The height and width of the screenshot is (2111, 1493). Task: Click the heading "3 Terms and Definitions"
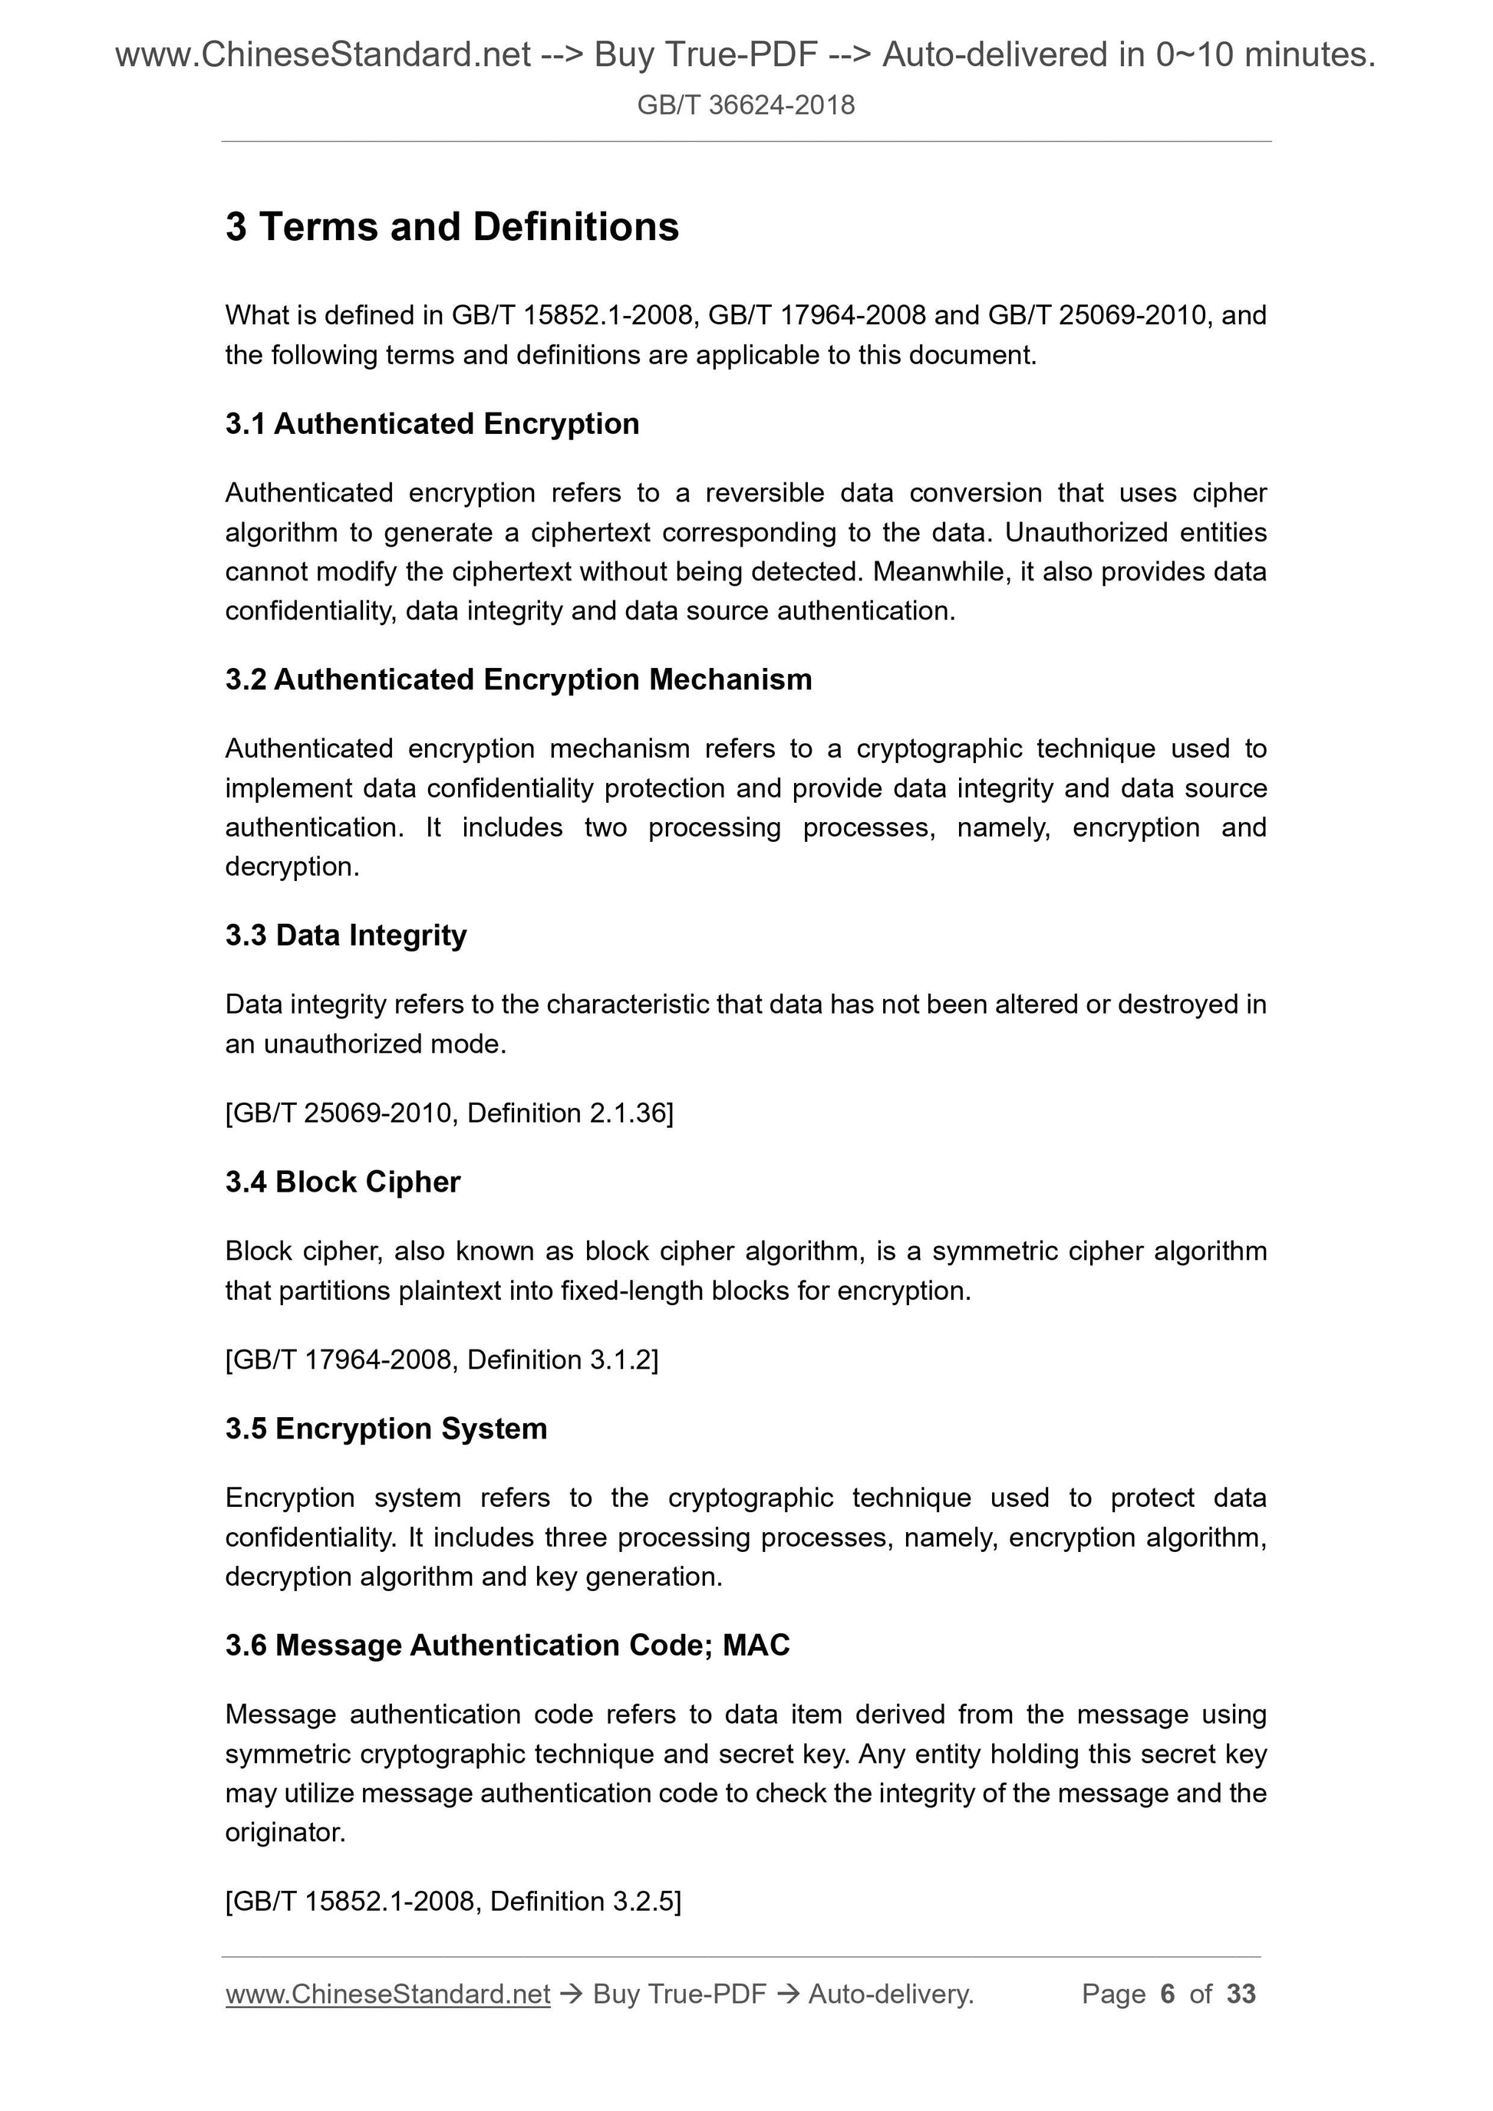click(x=452, y=227)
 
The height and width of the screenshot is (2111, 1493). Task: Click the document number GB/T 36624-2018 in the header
click(x=745, y=105)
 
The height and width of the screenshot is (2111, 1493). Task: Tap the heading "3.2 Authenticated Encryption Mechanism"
click(x=518, y=679)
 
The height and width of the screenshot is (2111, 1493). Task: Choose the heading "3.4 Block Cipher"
click(x=342, y=1182)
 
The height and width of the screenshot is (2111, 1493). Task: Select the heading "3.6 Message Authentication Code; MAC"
click(x=507, y=1645)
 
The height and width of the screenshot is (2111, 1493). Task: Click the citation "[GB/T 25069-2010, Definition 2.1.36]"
click(x=449, y=1113)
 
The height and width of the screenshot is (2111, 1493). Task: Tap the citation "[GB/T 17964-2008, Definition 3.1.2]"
click(x=442, y=1360)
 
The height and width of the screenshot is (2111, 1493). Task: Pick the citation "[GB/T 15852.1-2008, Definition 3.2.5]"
click(x=453, y=1900)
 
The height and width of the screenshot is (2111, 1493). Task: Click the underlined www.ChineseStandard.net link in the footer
click(x=387, y=1994)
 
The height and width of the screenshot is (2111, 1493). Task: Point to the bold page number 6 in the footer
click(x=1168, y=1994)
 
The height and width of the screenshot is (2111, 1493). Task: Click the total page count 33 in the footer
click(x=1241, y=1994)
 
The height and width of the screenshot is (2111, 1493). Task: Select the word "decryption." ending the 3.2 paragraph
click(x=292, y=867)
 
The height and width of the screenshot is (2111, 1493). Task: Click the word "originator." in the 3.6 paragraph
click(x=285, y=1833)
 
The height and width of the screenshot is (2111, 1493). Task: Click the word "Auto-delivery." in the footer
click(x=891, y=1994)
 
